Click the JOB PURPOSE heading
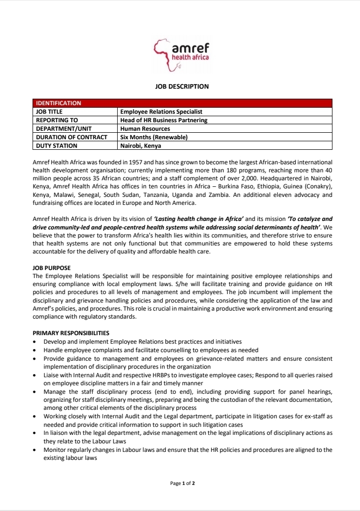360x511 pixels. [x=52, y=268]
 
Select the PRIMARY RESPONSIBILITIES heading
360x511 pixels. [x=71, y=333]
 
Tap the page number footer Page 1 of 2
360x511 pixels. [x=182, y=483]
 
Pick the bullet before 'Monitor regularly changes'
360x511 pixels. [x=34, y=450]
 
